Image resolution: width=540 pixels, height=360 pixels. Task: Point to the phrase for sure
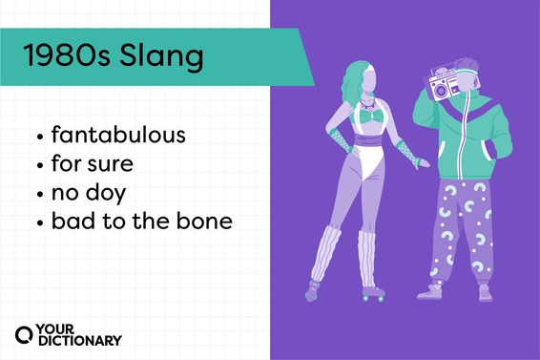click(93, 163)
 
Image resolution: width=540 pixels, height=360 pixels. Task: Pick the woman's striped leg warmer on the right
click(366, 252)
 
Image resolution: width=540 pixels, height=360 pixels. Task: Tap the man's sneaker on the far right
click(484, 290)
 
